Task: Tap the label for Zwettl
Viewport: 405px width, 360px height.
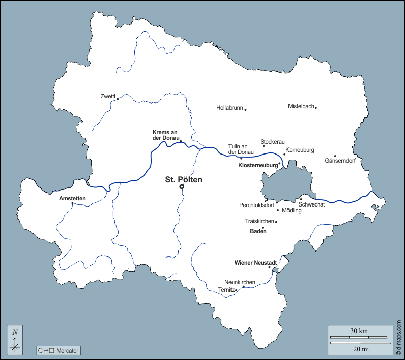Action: [108, 96]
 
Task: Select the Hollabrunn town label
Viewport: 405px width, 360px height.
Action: [230, 108]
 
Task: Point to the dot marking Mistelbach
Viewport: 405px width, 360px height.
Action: [316, 107]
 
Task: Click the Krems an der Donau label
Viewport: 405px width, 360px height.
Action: [165, 135]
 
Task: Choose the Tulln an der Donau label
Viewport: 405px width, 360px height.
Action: [241, 149]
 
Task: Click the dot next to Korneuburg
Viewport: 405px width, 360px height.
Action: [284, 155]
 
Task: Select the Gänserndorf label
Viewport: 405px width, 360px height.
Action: [340, 161]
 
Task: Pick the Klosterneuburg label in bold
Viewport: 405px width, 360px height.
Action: [258, 165]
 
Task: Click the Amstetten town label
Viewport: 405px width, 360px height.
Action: [72, 198]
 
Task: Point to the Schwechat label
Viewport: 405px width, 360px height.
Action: [312, 204]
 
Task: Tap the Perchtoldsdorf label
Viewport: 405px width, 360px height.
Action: [257, 205]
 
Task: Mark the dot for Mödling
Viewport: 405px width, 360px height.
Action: [278, 210]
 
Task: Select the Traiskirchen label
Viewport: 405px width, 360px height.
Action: [259, 221]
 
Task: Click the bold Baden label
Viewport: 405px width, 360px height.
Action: [258, 231]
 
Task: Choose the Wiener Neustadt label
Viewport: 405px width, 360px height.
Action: [256, 263]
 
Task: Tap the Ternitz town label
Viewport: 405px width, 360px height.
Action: [226, 290]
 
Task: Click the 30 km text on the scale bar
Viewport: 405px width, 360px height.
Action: [359, 331]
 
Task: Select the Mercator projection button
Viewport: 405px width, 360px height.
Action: [59, 350]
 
